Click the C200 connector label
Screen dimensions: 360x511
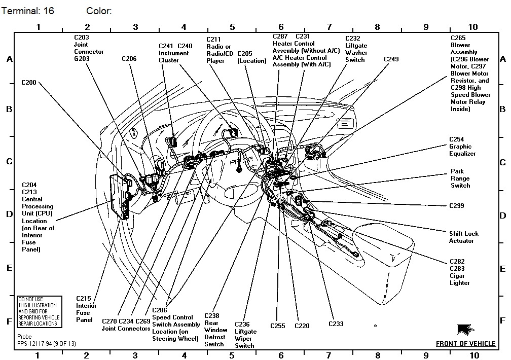pyautogui.click(x=29, y=82)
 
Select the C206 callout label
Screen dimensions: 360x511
pyautogui.click(x=129, y=59)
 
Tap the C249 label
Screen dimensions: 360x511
pyautogui.click(x=391, y=59)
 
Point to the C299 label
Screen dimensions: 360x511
pyautogui.click(x=456, y=206)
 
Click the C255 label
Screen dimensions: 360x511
pyautogui.click(x=278, y=326)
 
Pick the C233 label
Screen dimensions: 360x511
pyautogui.click(x=336, y=324)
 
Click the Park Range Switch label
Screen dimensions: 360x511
pyautogui.click(x=460, y=178)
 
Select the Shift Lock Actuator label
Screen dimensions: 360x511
pyautogui.click(x=463, y=237)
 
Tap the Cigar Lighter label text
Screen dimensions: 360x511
pyautogui.click(x=459, y=279)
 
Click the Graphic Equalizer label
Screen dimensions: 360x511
pyautogui.click(x=462, y=147)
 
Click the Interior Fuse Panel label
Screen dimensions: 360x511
pyautogui.click(x=86, y=309)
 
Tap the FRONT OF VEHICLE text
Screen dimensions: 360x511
pyautogui.click(x=465, y=344)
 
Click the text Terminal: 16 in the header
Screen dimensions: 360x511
pyautogui.click(x=27, y=11)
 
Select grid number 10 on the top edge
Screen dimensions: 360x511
pyautogui.click(x=472, y=27)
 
